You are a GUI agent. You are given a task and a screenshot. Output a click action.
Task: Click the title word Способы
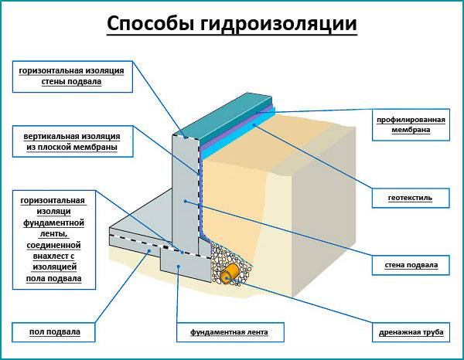[x=148, y=24]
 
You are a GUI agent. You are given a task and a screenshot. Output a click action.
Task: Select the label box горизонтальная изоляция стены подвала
[x=72, y=75]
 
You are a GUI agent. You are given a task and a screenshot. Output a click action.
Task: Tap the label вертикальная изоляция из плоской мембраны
[x=72, y=141]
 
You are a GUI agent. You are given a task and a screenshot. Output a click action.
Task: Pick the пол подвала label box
[x=55, y=333]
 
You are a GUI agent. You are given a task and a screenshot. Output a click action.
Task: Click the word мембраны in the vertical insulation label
[x=95, y=147]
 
